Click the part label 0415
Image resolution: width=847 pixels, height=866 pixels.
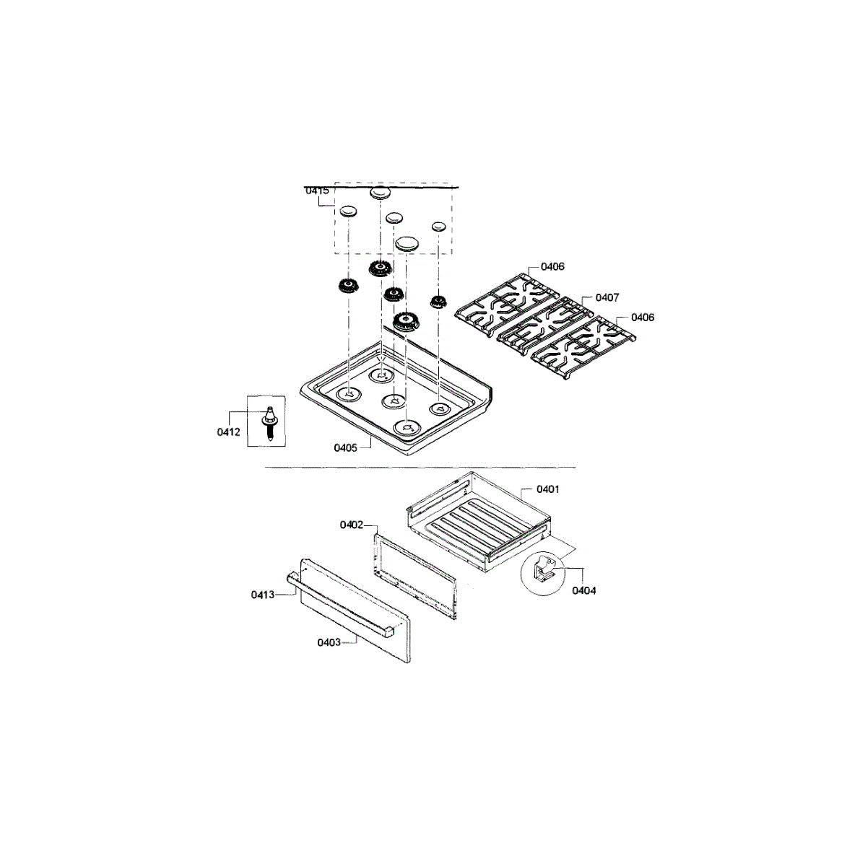pos(317,191)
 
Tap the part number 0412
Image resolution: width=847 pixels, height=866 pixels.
pos(229,432)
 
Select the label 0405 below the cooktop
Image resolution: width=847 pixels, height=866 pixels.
pos(345,447)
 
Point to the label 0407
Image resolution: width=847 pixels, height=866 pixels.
pos(607,297)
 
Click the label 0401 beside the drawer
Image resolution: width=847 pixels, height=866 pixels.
pos(548,489)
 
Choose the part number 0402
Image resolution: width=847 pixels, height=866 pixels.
pos(352,525)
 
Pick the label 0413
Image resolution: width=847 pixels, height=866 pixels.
pos(263,595)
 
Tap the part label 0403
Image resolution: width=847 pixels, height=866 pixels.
pos(329,642)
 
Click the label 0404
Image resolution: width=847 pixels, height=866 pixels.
pos(584,590)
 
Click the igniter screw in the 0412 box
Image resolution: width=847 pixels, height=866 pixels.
pos(270,421)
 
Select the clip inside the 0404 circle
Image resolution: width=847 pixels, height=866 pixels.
pos(545,570)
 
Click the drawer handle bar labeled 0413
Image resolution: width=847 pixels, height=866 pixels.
pos(339,603)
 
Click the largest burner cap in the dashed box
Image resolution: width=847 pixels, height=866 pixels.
pos(408,243)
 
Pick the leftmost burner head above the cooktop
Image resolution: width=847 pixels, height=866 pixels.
pos(347,286)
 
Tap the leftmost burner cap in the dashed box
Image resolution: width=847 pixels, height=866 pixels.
pos(348,211)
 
